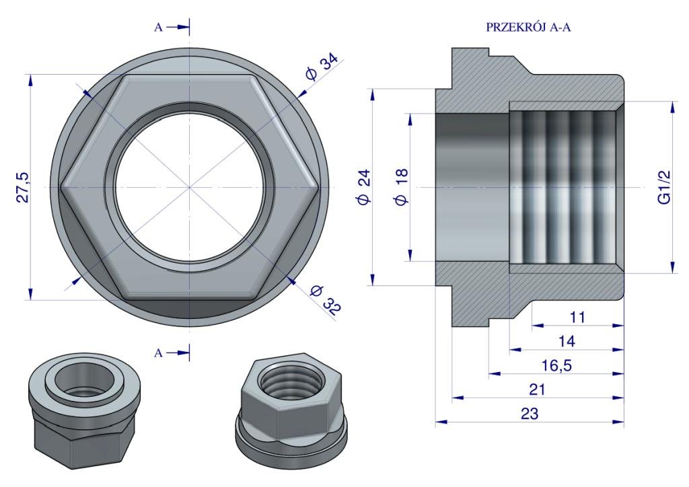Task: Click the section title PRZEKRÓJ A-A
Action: [528, 27]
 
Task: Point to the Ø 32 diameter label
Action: [325, 300]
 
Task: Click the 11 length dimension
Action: [577, 317]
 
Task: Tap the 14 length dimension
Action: [567, 341]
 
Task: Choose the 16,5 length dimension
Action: [556, 365]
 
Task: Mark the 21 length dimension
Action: [537, 389]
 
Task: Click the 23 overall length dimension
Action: [529, 414]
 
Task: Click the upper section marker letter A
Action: [158, 28]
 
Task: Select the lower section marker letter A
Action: [158, 353]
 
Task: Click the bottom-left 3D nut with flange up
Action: [84, 410]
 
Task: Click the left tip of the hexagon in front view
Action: [60, 188]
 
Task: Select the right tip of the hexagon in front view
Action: [318, 188]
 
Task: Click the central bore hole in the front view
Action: [189, 188]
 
